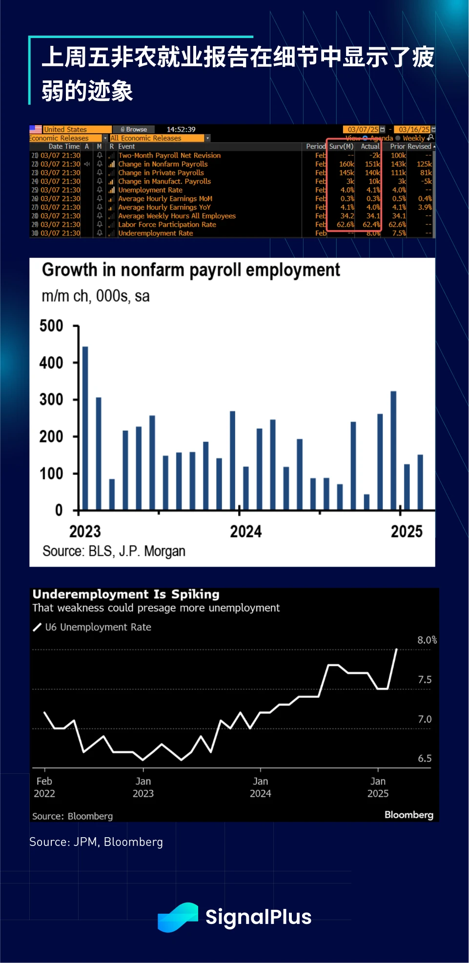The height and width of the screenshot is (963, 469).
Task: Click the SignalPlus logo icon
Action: point(178,917)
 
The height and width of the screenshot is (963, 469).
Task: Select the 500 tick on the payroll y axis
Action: point(51,326)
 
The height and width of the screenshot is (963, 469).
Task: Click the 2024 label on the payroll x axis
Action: point(245,531)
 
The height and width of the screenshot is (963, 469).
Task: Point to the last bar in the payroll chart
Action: point(420,482)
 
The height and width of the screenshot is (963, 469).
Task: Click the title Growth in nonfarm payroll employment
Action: point(191,270)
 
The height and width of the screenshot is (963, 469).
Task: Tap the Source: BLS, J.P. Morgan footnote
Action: point(114,551)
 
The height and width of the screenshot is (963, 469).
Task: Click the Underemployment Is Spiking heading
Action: point(126,594)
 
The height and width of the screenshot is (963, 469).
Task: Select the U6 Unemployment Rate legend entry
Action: point(98,627)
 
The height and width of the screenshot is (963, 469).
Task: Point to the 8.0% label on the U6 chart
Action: point(427,640)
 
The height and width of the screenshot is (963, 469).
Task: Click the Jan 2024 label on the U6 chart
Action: point(260,787)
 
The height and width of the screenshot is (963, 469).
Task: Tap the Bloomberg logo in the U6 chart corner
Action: point(408,815)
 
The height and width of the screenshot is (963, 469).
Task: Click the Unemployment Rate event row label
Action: point(150,190)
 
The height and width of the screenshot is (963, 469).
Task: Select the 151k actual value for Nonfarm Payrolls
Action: point(372,164)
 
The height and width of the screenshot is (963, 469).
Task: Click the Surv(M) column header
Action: point(341,146)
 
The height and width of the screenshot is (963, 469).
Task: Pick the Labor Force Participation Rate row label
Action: point(167,225)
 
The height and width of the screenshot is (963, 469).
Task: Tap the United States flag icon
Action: point(36,129)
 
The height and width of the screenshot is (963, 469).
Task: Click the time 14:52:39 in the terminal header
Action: point(181,129)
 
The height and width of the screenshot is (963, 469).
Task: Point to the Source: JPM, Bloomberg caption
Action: point(96,842)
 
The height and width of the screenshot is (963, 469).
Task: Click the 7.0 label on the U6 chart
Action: point(425,719)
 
